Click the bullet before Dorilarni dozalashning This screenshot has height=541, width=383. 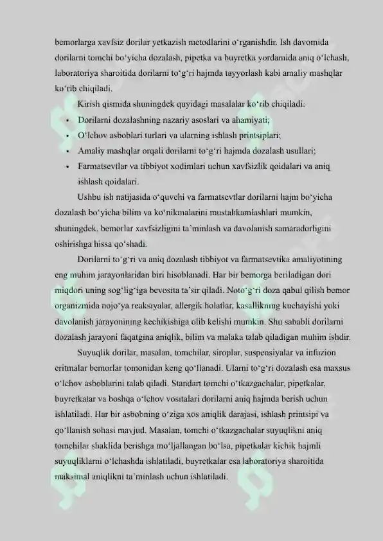point(67,120)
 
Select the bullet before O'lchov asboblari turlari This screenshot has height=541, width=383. point(67,136)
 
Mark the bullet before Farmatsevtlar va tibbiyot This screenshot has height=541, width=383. point(67,166)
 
